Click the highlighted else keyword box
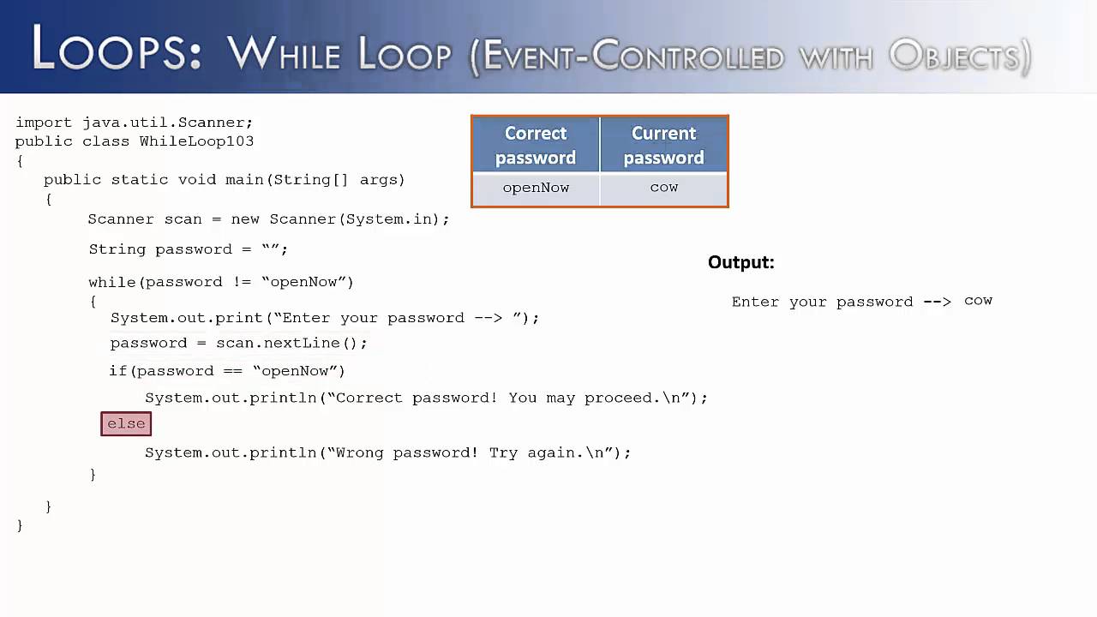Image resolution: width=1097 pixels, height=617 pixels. click(x=126, y=423)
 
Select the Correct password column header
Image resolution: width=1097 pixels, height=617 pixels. click(x=536, y=145)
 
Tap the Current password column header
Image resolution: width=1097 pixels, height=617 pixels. click(x=664, y=145)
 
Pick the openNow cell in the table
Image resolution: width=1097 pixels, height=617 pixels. click(x=536, y=188)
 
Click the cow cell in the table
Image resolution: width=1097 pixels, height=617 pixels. click(x=664, y=187)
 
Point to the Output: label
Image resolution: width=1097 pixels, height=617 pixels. click(x=740, y=263)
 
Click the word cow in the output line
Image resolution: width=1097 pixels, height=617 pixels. click(x=978, y=301)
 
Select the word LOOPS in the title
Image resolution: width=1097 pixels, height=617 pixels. click(x=117, y=51)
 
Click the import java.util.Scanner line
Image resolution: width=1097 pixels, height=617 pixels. click(x=134, y=123)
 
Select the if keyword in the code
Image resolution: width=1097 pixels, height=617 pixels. click(x=117, y=371)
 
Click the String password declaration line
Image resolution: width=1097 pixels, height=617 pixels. click(x=188, y=249)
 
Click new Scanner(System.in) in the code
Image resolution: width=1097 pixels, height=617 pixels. click(x=339, y=219)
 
